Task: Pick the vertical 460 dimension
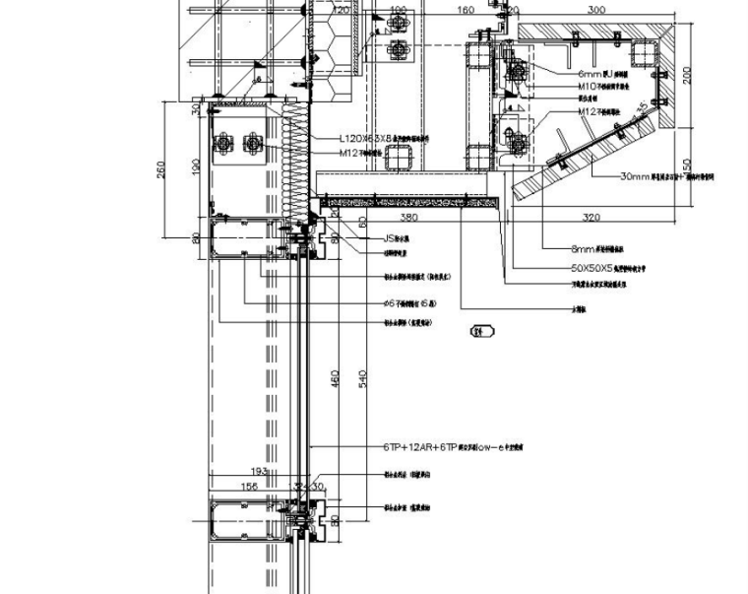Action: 335,379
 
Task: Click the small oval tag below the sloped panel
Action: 482,332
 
